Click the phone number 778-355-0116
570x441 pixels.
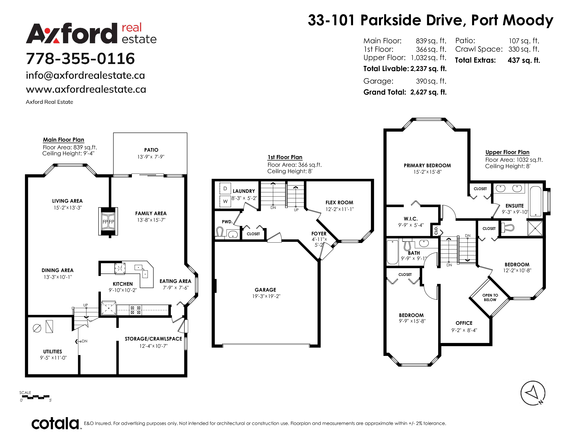coord(80,58)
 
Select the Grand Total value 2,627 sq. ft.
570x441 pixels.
coord(428,92)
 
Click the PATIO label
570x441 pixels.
coord(151,150)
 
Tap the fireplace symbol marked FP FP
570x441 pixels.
coord(108,222)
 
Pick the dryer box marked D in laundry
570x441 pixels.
coord(225,188)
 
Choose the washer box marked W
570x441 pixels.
coord(225,201)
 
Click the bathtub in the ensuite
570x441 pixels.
coord(536,201)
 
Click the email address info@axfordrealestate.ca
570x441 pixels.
coord(85,76)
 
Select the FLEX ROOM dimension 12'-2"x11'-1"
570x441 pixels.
coord(340,209)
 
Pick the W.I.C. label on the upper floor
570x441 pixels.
coord(411,219)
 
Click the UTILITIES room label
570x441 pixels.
coord(53,352)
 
